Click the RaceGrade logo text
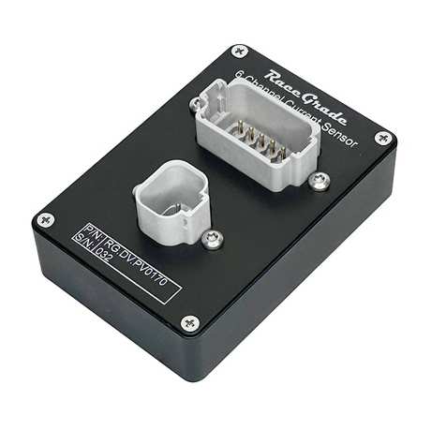(305, 96)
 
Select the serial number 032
(103, 255)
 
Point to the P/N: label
(92, 231)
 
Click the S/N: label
(83, 241)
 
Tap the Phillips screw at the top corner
(240, 52)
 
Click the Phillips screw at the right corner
(383, 138)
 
